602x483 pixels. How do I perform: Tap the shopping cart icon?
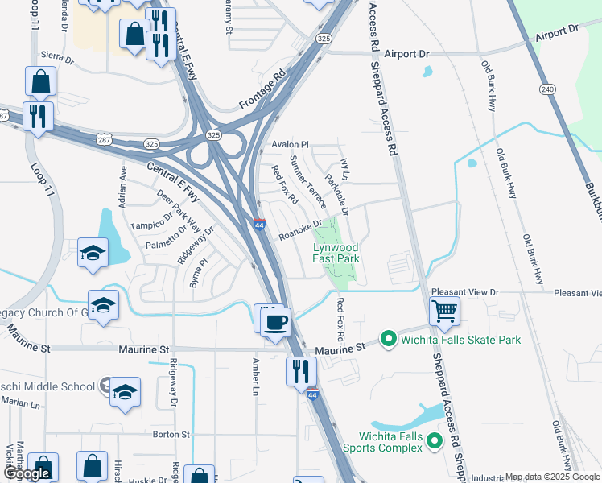pyautogui.click(x=444, y=311)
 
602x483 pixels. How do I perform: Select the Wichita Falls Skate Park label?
pyautogui.click(x=461, y=340)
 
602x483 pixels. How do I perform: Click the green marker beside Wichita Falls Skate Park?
pyautogui.click(x=388, y=340)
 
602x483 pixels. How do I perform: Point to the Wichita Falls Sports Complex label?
pyautogui.click(x=396, y=441)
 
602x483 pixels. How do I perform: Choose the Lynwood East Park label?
pyautogui.click(x=336, y=253)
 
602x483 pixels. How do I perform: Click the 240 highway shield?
pyautogui.click(x=548, y=89)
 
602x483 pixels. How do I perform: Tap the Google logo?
pyautogui.click(x=30, y=473)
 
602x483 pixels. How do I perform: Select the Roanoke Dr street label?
pyautogui.click(x=300, y=230)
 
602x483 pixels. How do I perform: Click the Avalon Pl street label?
pyautogui.click(x=291, y=145)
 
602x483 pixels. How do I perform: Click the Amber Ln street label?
pyautogui.click(x=256, y=377)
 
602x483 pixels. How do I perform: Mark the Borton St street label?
pyautogui.click(x=171, y=435)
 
